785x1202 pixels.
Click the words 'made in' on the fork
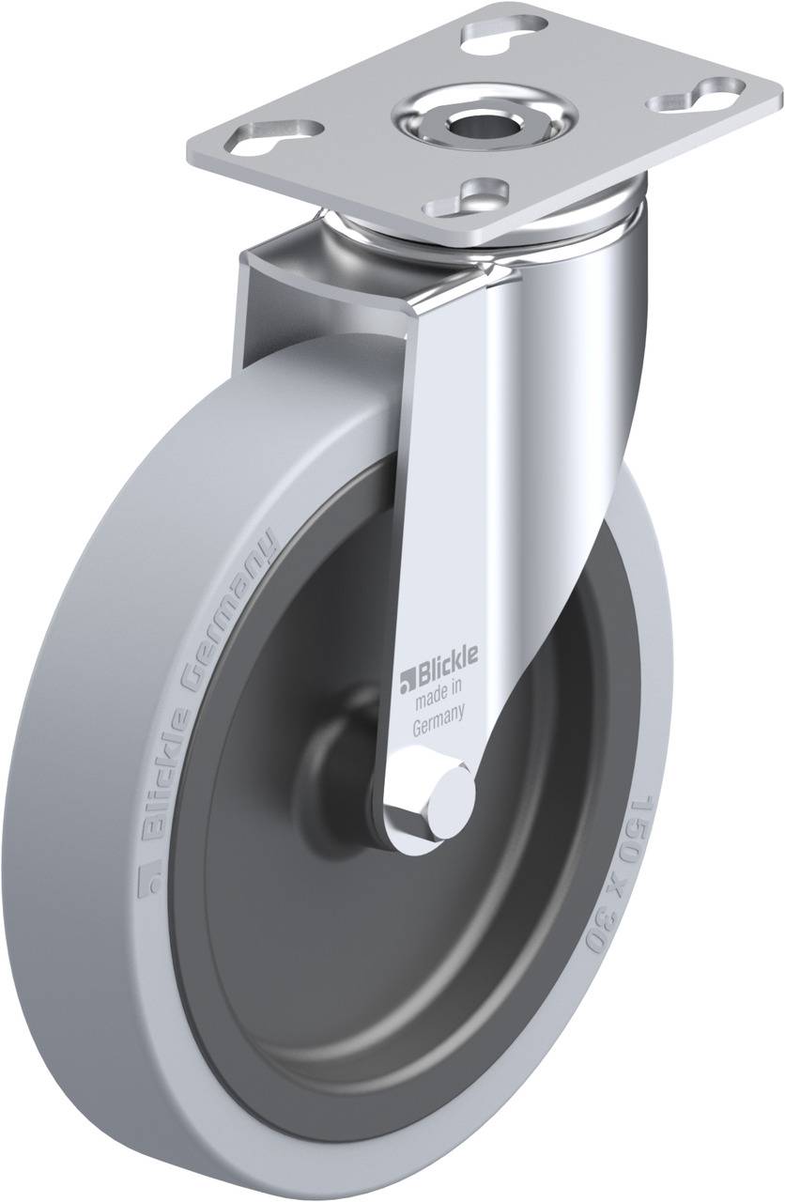click(439, 694)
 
